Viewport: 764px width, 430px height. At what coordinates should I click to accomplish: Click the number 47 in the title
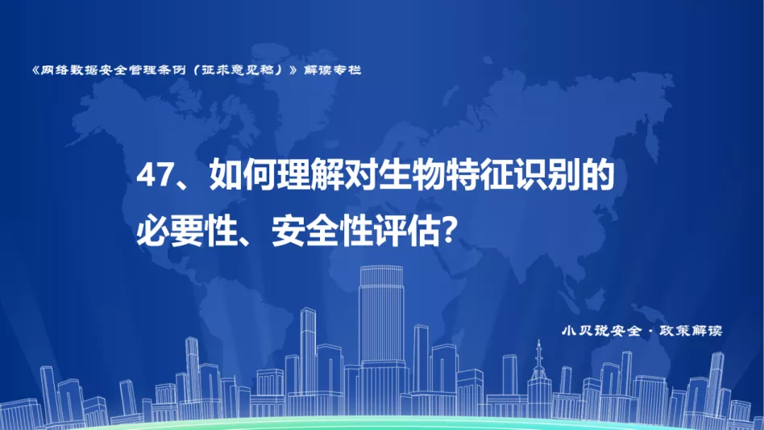[x=154, y=175]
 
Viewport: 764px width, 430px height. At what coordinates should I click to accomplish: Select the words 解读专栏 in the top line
[x=332, y=70]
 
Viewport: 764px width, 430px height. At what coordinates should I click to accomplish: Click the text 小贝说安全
[x=601, y=331]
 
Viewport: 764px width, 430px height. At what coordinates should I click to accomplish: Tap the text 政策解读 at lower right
[x=691, y=331]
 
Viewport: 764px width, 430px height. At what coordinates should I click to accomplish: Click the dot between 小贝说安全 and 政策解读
[x=650, y=332]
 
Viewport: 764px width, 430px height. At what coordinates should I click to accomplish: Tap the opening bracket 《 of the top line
[x=35, y=70]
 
